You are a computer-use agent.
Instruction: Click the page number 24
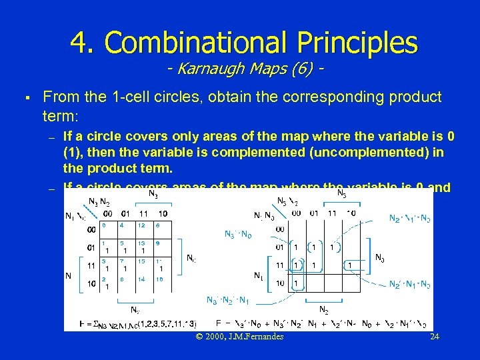click(x=434, y=337)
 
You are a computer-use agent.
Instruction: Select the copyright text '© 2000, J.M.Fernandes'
click(x=239, y=337)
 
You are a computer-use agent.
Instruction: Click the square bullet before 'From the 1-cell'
click(x=24, y=97)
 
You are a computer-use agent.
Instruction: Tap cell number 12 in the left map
click(x=142, y=225)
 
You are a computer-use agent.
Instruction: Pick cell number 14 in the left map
click(x=142, y=280)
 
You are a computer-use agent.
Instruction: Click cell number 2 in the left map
click(x=105, y=283)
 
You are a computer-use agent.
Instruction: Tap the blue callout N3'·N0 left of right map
click(x=237, y=234)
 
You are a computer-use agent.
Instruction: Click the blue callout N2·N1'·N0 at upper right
click(x=409, y=218)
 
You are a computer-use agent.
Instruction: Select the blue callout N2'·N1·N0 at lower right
click(x=409, y=284)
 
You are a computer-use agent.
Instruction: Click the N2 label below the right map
click(x=323, y=310)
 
